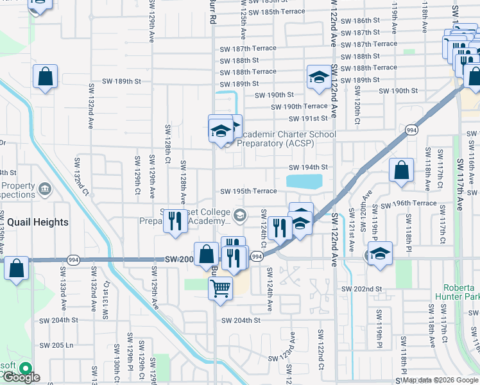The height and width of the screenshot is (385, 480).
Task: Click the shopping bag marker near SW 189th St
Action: (46, 76)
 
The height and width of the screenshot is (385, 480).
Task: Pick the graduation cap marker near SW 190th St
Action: (318, 77)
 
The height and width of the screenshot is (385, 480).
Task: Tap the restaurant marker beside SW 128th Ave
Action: (175, 220)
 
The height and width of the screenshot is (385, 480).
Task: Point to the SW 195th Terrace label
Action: (249, 191)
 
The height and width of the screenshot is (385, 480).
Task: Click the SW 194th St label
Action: (307, 167)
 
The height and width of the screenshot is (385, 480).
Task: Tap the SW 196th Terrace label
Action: (408, 203)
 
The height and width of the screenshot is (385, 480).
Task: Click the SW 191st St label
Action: (309, 119)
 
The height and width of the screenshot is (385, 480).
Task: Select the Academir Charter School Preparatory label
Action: (286, 139)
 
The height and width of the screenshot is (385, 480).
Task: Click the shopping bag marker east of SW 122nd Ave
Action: (401, 171)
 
